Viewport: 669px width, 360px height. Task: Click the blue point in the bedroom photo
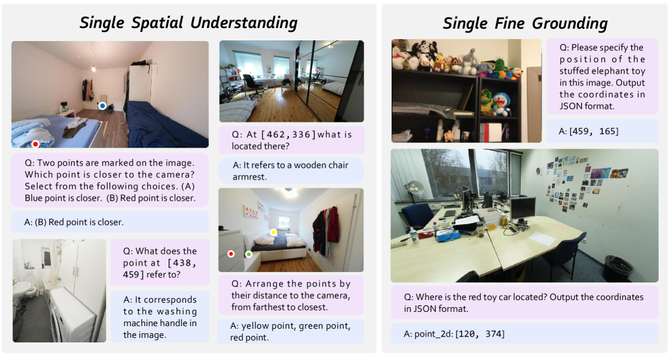(x=102, y=105)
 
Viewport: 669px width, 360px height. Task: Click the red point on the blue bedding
(x=35, y=144)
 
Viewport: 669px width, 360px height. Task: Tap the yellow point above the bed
(x=273, y=232)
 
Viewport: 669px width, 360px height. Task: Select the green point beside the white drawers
(x=249, y=254)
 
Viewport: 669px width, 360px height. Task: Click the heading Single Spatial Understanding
(x=189, y=23)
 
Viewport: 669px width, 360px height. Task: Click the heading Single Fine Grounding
(x=525, y=23)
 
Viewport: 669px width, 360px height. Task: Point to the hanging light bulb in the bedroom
(x=94, y=68)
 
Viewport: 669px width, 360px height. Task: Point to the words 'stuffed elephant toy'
(x=603, y=71)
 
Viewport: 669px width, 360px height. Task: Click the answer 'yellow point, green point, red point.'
(x=290, y=331)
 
